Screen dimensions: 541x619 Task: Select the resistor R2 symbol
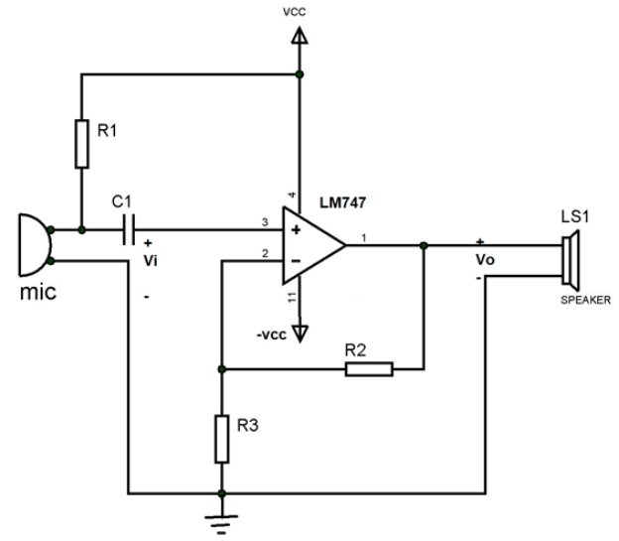(x=370, y=369)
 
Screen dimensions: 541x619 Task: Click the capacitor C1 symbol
(x=127, y=231)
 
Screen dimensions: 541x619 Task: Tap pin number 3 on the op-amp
(x=265, y=221)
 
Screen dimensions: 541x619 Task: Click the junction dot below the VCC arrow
(x=300, y=73)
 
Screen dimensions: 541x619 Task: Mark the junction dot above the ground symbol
(x=221, y=491)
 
